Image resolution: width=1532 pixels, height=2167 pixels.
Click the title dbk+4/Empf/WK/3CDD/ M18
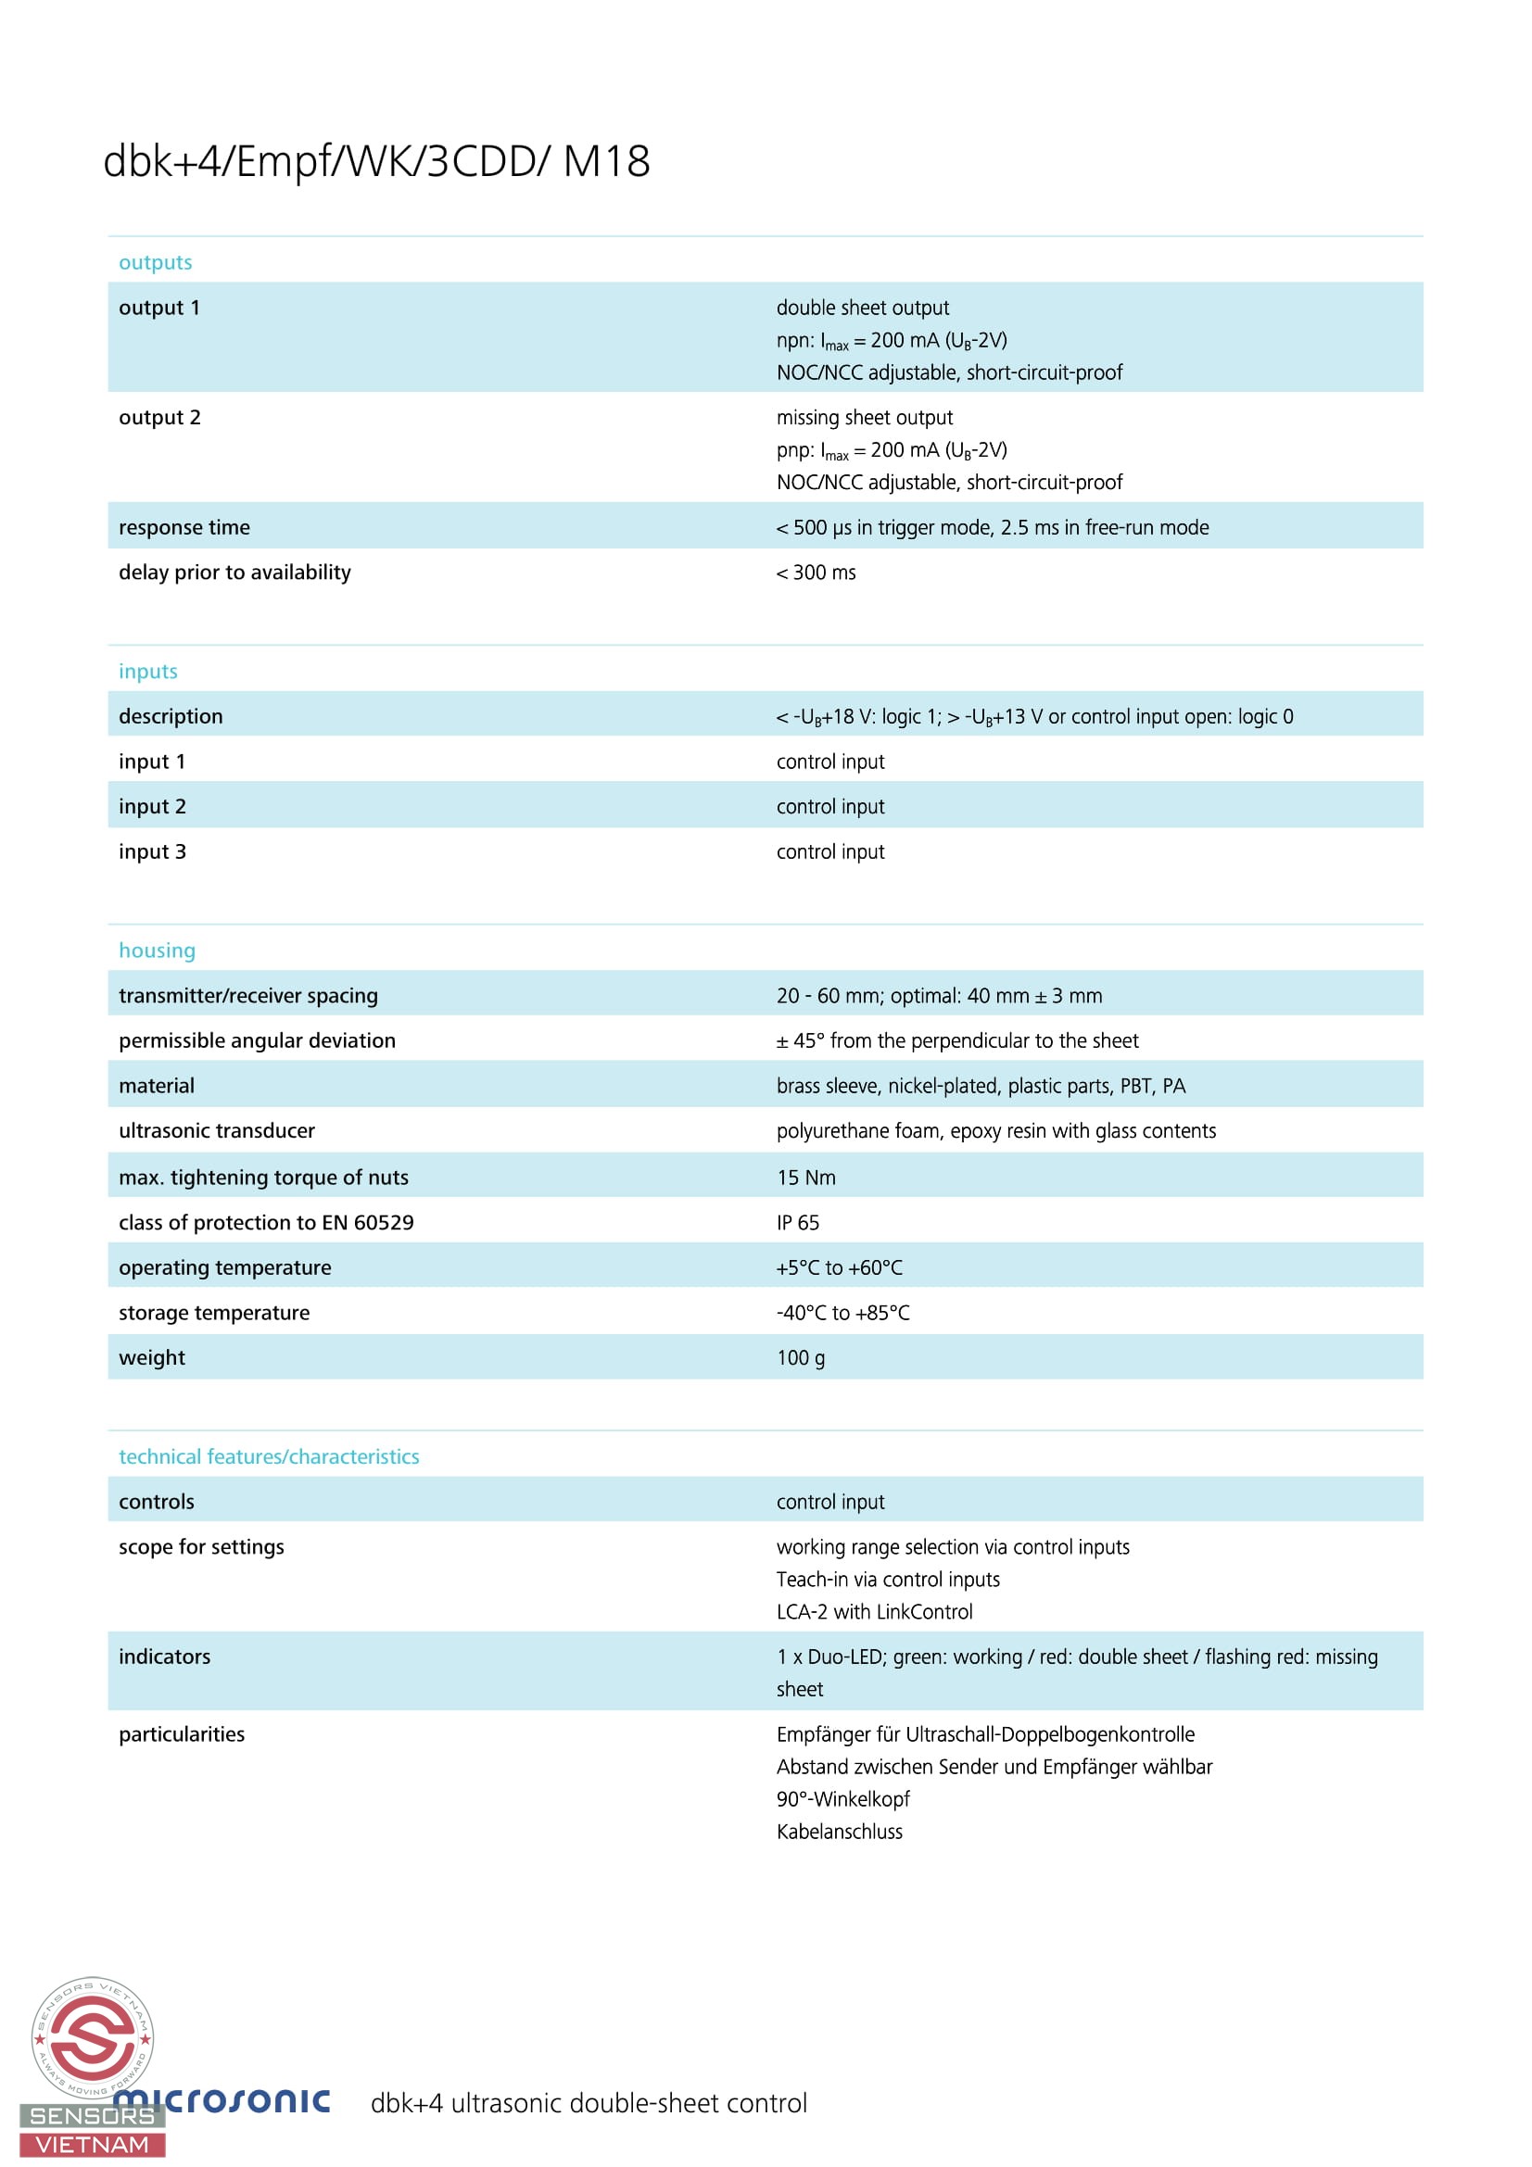pyautogui.click(x=375, y=161)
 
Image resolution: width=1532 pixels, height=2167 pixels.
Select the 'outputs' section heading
pyautogui.click(x=155, y=262)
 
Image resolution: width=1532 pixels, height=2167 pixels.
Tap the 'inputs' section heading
pyautogui.click(x=148, y=671)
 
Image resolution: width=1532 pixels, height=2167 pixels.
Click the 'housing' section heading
pyautogui.click(x=157, y=951)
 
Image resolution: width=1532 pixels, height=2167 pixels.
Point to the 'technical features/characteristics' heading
pyautogui.click(x=269, y=1456)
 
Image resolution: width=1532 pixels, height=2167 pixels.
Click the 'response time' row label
pyautogui.click(x=184, y=527)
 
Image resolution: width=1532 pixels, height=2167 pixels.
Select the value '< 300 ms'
pyautogui.click(x=816, y=573)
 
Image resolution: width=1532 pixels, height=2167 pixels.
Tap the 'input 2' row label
pyautogui.click(x=152, y=807)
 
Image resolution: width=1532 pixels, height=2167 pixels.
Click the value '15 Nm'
pyautogui.click(x=806, y=1178)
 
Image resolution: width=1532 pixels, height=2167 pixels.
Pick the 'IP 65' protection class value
pyautogui.click(x=798, y=1223)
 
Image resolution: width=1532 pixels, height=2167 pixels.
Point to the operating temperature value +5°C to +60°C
pyautogui.click(x=839, y=1268)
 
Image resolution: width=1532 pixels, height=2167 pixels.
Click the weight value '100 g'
pyautogui.click(x=801, y=1358)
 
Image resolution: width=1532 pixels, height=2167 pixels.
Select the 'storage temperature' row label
pyautogui.click(x=214, y=1313)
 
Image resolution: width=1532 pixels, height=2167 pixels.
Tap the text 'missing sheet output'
pyautogui.click(x=865, y=418)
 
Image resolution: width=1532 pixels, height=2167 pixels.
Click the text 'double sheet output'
pyautogui.click(x=863, y=309)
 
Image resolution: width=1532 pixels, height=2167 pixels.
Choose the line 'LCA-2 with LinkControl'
pyautogui.click(x=874, y=1612)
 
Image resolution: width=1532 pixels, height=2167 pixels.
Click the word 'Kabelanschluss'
pyautogui.click(x=839, y=1832)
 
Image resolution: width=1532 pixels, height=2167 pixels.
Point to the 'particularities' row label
pyautogui.click(x=182, y=1734)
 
